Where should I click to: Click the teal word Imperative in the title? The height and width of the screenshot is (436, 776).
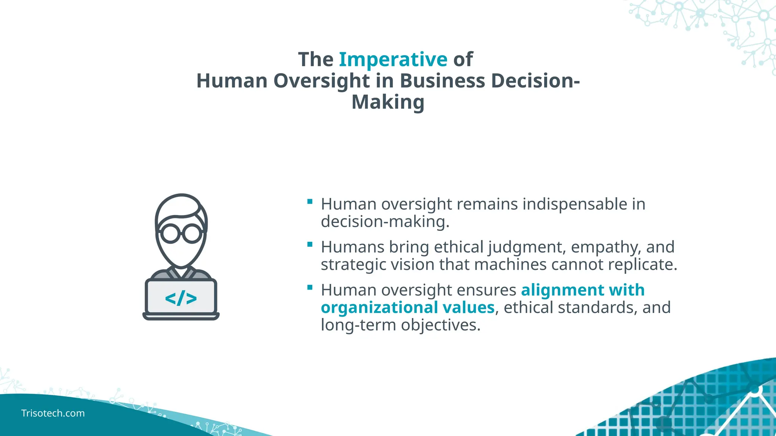pos(393,59)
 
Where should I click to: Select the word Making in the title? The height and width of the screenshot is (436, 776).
pos(388,102)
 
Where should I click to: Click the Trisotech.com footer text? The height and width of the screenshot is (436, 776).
pos(53,413)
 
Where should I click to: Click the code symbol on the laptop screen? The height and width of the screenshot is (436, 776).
pos(181,298)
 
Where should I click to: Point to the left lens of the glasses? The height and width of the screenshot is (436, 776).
pos(170,233)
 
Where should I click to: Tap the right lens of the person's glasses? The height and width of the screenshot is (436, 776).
pos(192,233)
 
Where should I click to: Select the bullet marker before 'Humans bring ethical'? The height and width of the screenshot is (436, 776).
pos(310,244)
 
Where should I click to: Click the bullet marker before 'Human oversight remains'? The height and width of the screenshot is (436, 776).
pos(310,202)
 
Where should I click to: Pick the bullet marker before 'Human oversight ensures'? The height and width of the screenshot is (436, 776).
pos(310,288)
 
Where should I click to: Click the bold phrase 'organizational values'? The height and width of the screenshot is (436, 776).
pos(408,307)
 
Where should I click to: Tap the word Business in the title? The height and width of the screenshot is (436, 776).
pos(442,81)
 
